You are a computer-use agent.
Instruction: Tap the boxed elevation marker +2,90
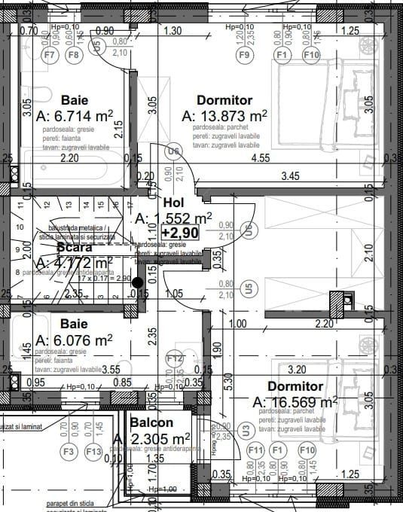[x=180, y=233]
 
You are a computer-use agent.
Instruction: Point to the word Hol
[x=174, y=203]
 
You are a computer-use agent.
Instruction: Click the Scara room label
[x=74, y=247]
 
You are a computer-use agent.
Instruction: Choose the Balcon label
[x=151, y=423]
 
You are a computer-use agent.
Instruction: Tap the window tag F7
[x=50, y=55]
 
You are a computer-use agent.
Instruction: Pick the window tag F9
[x=244, y=55]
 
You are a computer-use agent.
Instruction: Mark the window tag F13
[x=93, y=452]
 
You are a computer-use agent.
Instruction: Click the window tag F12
[x=175, y=358]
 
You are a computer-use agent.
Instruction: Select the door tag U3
[x=246, y=431]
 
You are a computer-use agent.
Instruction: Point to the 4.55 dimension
[x=261, y=158]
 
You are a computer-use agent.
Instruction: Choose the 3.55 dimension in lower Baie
[x=111, y=370]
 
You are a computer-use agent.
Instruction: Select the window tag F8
[x=74, y=55]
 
